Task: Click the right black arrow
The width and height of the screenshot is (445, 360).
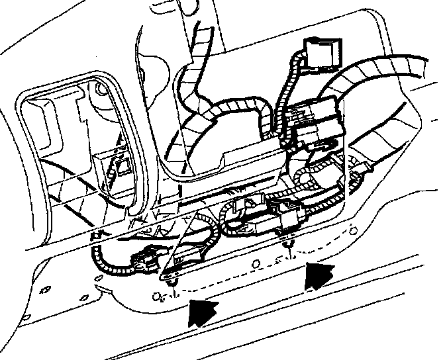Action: tap(319, 275)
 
